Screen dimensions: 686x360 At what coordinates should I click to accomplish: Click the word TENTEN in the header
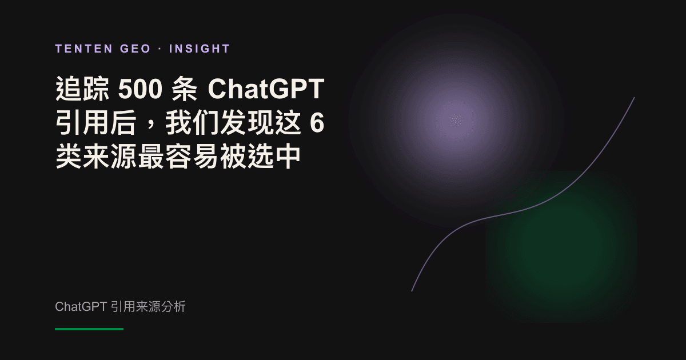(84, 49)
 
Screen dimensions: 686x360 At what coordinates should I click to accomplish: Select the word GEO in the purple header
(135, 49)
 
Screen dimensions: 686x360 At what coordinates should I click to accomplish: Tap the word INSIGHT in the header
(200, 49)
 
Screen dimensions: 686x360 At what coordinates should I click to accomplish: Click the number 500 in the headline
(140, 89)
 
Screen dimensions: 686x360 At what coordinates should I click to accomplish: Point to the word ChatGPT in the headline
(266, 89)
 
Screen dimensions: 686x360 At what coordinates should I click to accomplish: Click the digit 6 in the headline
(317, 123)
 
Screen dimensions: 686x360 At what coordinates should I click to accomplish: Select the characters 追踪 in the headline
(82, 89)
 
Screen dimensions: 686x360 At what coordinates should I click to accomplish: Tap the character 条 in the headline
(185, 89)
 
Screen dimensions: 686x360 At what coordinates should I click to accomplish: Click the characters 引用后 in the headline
(96, 123)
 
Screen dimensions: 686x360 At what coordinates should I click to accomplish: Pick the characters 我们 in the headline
(193, 123)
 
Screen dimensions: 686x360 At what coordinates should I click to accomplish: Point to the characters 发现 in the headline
(247, 123)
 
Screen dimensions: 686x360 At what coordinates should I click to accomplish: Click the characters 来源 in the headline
(109, 157)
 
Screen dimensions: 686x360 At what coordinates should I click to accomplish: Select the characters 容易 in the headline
(192, 157)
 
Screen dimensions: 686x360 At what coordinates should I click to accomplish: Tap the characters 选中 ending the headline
(274, 157)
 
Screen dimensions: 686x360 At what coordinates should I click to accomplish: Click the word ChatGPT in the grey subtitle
(81, 307)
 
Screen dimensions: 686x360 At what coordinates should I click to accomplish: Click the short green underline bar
(89, 329)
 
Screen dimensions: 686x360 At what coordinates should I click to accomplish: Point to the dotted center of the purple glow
(456, 120)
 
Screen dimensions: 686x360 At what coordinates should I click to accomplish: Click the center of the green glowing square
(561, 247)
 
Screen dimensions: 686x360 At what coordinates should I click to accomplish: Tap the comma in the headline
(152, 126)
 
